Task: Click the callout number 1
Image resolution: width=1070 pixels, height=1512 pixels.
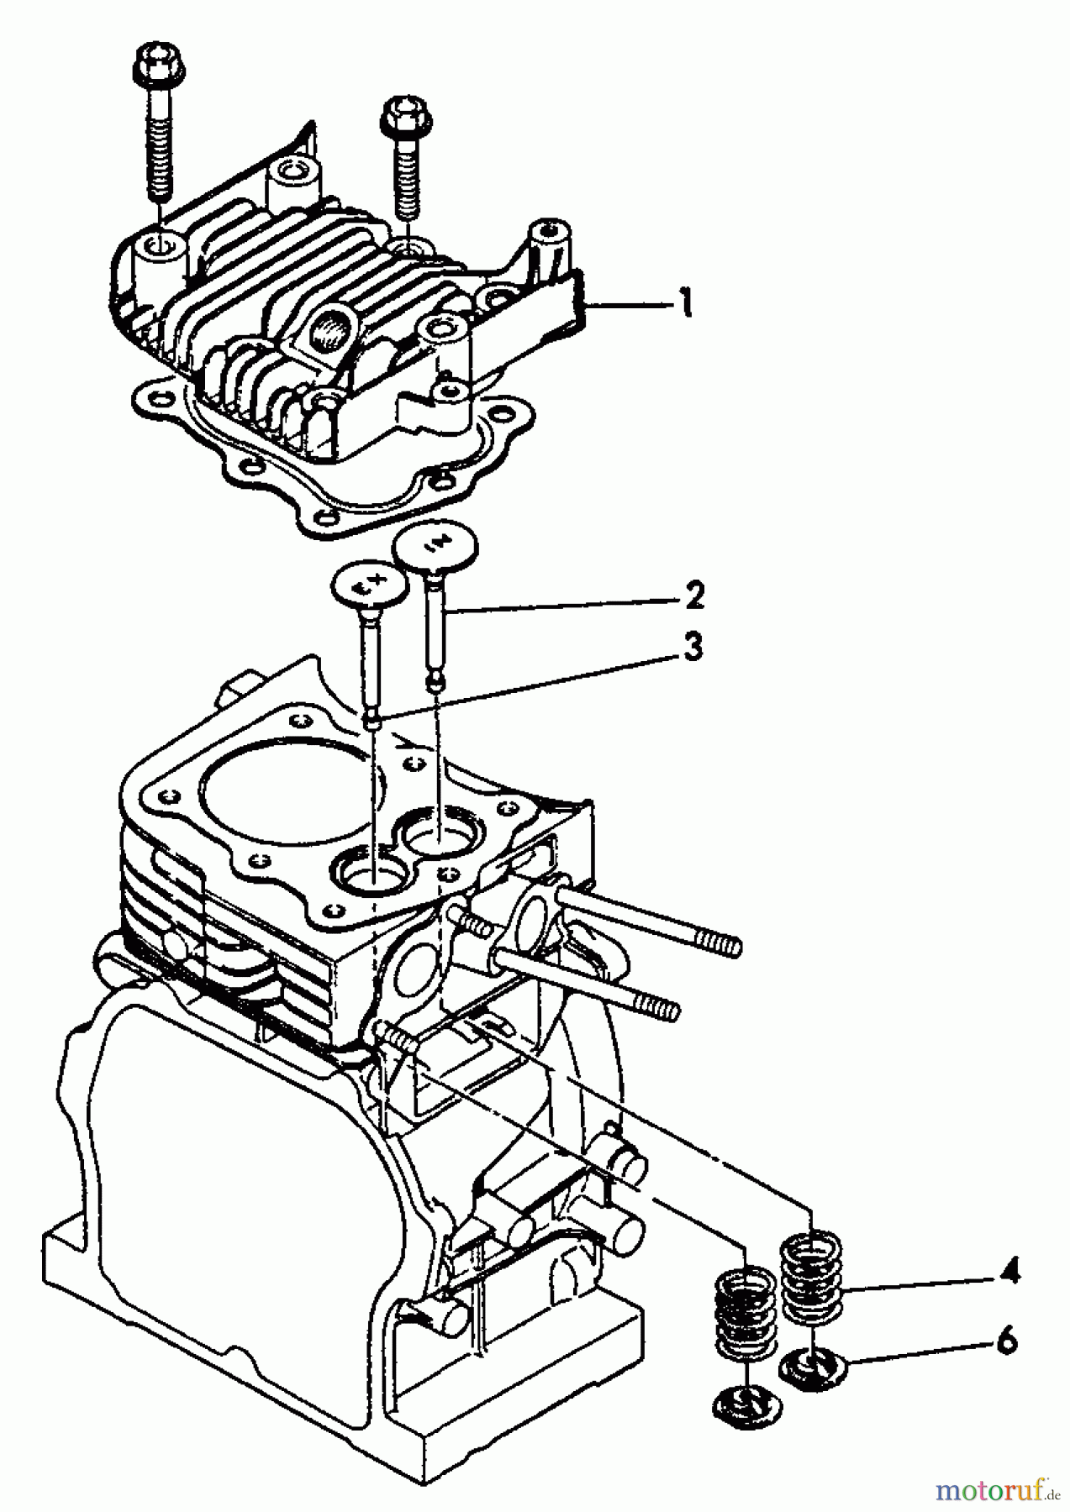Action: [x=685, y=302]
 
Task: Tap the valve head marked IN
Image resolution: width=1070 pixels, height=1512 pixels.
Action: [x=435, y=544]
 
